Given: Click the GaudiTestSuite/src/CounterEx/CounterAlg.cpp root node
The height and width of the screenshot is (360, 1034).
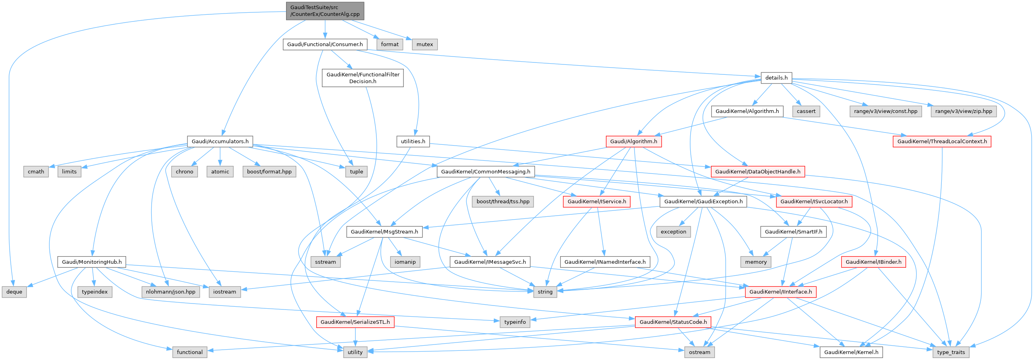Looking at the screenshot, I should [325, 11].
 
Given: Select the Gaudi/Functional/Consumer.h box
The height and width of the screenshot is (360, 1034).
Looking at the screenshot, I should [325, 44].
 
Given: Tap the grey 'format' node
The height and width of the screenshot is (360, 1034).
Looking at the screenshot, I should [390, 44].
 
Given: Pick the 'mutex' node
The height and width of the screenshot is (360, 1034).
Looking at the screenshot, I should [425, 44].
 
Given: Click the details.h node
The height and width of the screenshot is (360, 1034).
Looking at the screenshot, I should [776, 78].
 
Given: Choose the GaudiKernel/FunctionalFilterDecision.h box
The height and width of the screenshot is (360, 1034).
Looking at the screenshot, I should [362, 78].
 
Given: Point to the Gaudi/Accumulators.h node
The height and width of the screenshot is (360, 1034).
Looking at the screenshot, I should [220, 141].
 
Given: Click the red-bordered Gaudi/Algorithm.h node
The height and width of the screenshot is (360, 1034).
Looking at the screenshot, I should [633, 141].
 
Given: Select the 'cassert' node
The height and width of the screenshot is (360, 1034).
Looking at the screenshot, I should [806, 111].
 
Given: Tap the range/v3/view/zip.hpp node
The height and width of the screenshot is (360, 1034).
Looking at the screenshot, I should [963, 111].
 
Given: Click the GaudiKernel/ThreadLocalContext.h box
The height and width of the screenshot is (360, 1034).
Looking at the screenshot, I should [942, 141].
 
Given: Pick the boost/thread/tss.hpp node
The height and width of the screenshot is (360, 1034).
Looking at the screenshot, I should [503, 201].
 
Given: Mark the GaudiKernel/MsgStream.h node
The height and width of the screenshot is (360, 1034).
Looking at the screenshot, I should [384, 232].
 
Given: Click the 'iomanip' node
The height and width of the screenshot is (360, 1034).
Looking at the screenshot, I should [405, 262].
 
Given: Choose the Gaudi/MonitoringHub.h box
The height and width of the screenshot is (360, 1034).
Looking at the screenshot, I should [92, 262].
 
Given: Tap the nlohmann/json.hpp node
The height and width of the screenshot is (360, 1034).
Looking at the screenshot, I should [171, 292].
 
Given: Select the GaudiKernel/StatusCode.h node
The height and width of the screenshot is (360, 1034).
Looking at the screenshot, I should [673, 322].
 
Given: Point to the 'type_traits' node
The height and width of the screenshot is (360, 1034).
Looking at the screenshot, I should [951, 352].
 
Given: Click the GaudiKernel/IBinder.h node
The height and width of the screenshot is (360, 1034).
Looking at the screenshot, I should [873, 262].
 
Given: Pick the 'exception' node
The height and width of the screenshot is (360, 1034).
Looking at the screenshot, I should [674, 232].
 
